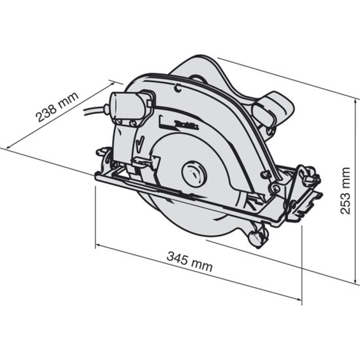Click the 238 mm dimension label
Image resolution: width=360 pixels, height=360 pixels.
tap(58, 107)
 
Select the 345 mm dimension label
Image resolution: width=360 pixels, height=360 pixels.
tap(189, 261)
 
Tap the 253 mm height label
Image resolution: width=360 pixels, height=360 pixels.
tap(345, 191)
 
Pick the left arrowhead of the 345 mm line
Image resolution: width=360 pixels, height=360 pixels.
tap(98, 246)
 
